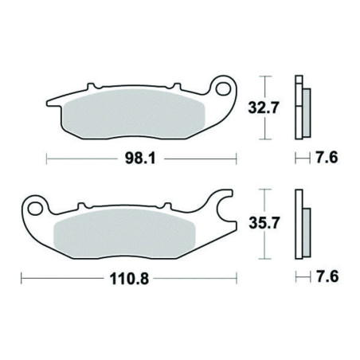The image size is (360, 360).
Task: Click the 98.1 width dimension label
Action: click(140, 158)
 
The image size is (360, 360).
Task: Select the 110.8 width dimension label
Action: click(129, 279)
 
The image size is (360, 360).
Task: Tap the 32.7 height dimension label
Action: click(264, 108)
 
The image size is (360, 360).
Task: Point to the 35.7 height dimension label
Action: click(264, 223)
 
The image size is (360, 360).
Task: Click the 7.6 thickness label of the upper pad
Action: click(327, 158)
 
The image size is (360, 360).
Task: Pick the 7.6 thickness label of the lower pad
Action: click(327, 276)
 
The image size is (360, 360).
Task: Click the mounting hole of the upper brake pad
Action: click(223, 88)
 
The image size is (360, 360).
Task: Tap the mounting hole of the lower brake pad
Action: click(35, 208)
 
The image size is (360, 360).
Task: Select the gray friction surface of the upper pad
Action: click(134, 114)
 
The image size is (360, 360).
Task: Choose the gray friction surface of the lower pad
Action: click(124, 233)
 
